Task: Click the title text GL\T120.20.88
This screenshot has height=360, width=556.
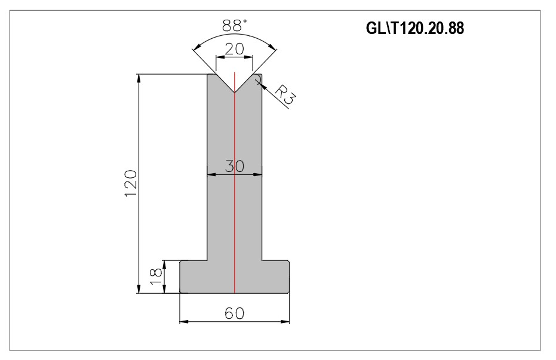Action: pyautogui.click(x=415, y=28)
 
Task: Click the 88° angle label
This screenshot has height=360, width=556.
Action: pyautogui.click(x=234, y=26)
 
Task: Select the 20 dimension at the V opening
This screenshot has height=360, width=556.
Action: pyautogui.click(x=234, y=48)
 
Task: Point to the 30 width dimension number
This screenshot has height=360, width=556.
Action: pyautogui.click(x=234, y=166)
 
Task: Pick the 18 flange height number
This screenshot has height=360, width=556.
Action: pyautogui.click(x=156, y=277)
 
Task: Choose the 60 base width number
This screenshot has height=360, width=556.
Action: pyautogui.click(x=234, y=313)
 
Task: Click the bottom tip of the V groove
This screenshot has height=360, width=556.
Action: pyautogui.click(x=234, y=93)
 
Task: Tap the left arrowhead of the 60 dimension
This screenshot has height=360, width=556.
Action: pyautogui.click(x=184, y=322)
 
